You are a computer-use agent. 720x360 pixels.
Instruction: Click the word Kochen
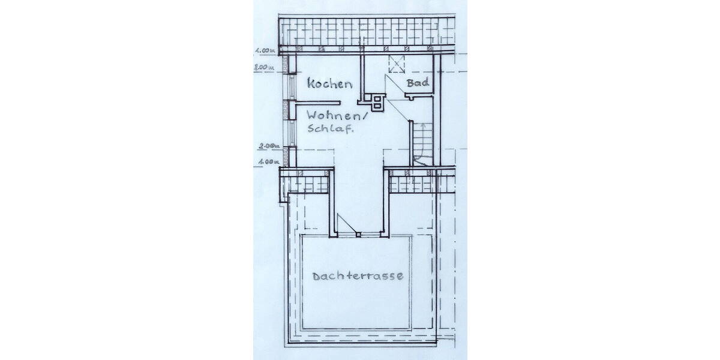[329, 83]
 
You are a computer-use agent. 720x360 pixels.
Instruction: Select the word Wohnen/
[335, 115]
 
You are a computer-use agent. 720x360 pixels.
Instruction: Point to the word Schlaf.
[331, 129]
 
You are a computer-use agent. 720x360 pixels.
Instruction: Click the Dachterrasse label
[358, 277]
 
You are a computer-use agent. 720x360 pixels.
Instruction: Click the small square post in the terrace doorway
[358, 235]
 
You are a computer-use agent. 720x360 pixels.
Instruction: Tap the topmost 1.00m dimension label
[265, 50]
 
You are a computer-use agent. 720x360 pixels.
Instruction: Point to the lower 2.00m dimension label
[268, 146]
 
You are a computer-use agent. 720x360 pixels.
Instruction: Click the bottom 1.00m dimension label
[268, 161]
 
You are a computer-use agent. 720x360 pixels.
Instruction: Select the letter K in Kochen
[312, 83]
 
